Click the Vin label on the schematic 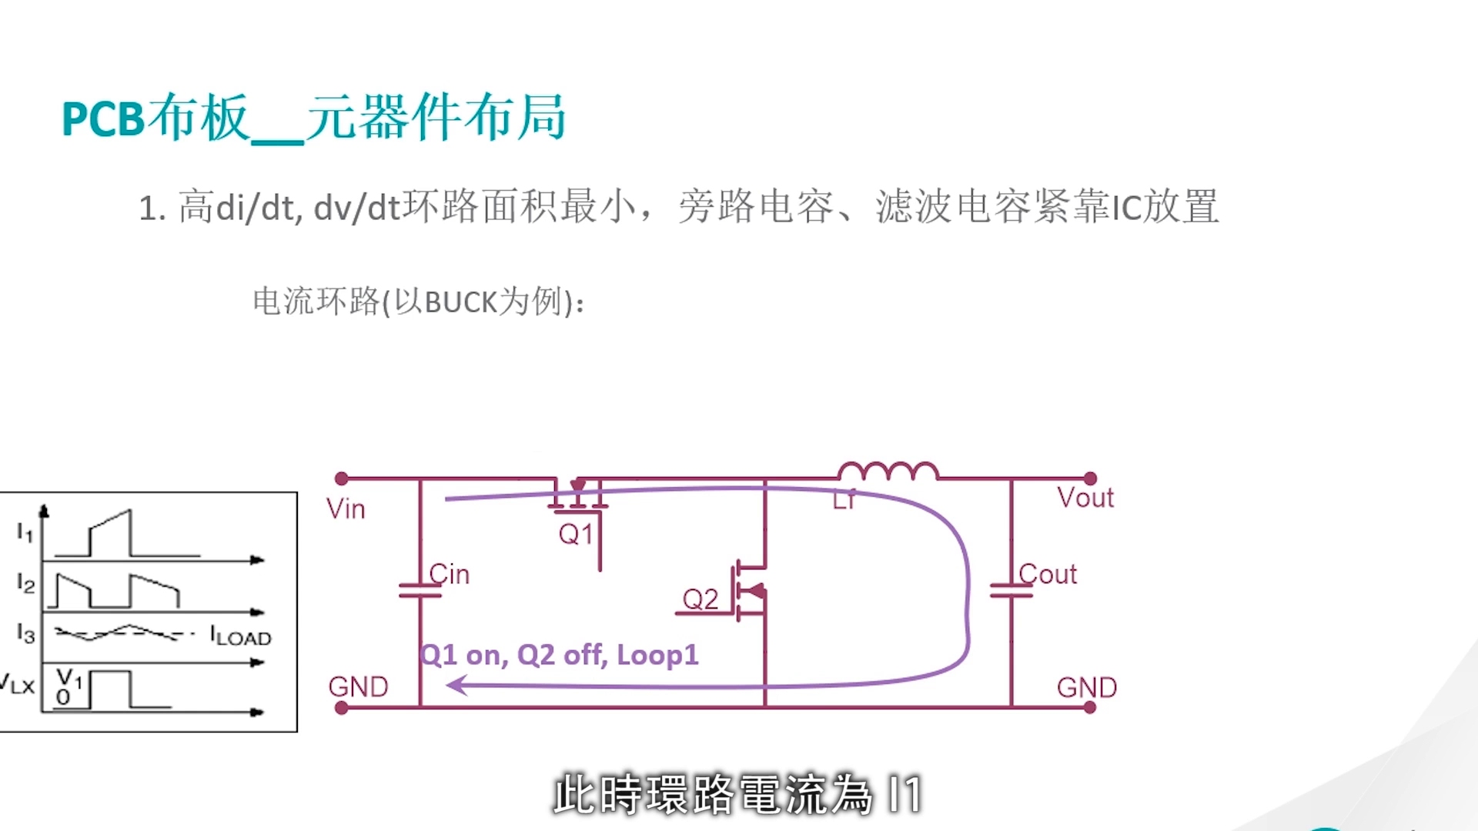346,509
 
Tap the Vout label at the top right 1085,498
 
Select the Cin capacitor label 450,574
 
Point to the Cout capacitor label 1048,574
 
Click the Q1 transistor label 576,534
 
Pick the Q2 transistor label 701,599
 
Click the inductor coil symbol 888,471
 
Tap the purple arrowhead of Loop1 457,684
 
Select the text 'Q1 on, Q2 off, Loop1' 560,655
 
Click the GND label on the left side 358,687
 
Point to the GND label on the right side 1086,687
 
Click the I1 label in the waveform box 25,532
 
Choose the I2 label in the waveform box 25,584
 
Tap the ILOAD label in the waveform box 241,637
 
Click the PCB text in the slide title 103,119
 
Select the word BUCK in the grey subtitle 460,302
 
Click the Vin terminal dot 342,479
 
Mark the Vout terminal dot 1090,479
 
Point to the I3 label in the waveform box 25,634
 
